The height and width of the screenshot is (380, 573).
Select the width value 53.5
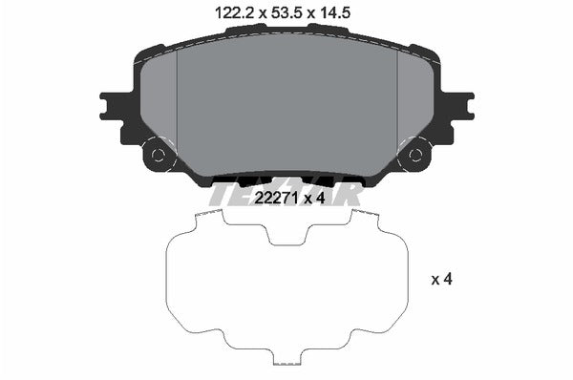(x=285, y=11)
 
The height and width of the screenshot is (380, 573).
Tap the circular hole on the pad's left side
(x=159, y=154)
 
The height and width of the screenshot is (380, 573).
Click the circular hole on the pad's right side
(x=414, y=154)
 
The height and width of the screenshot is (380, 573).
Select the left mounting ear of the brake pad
(x=113, y=103)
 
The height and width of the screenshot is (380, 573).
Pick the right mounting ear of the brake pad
(x=460, y=103)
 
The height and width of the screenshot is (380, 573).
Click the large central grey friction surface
(x=286, y=105)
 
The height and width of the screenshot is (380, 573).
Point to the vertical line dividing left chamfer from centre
(x=178, y=105)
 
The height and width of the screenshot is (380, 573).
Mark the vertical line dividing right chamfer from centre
(x=396, y=105)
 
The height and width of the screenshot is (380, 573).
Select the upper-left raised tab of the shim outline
(x=207, y=218)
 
